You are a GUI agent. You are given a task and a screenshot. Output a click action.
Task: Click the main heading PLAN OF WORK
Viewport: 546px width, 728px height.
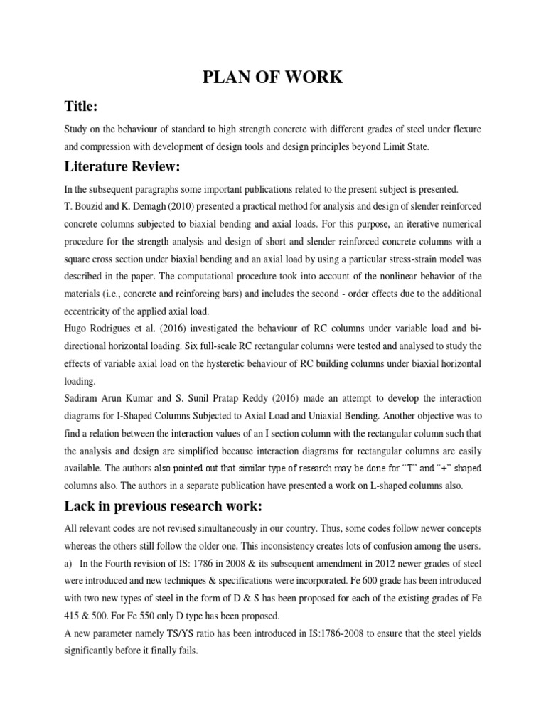(x=274, y=78)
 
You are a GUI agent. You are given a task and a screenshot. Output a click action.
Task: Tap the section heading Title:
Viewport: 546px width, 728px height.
(x=80, y=107)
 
